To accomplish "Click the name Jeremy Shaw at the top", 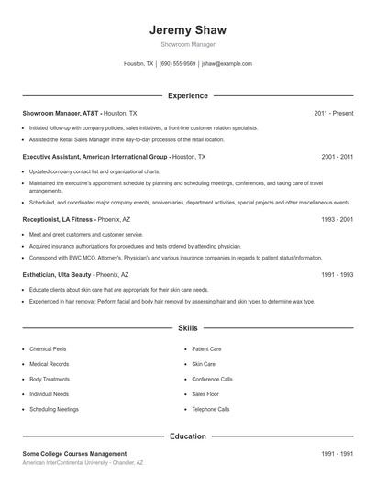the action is click(x=187, y=30).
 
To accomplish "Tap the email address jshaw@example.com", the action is click(x=227, y=64).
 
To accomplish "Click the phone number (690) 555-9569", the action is click(x=177, y=64).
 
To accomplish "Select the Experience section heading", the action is click(x=187, y=95).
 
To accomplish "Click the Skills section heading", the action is click(x=187, y=327).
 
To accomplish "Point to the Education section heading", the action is click(x=187, y=436).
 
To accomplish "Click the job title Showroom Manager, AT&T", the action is click(x=61, y=113).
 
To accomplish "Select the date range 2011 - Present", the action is click(x=333, y=113).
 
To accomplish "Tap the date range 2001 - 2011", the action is click(x=337, y=157).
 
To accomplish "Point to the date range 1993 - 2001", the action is click(x=337, y=220).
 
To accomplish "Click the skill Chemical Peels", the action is click(x=47, y=349).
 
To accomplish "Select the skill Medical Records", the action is click(x=48, y=364).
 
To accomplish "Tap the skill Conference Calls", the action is click(x=212, y=379).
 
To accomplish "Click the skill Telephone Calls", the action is click(x=210, y=409).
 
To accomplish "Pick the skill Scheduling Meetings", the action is click(x=53, y=409).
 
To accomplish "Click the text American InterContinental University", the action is click(x=65, y=463).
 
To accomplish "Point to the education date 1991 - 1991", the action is click(x=337, y=454).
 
